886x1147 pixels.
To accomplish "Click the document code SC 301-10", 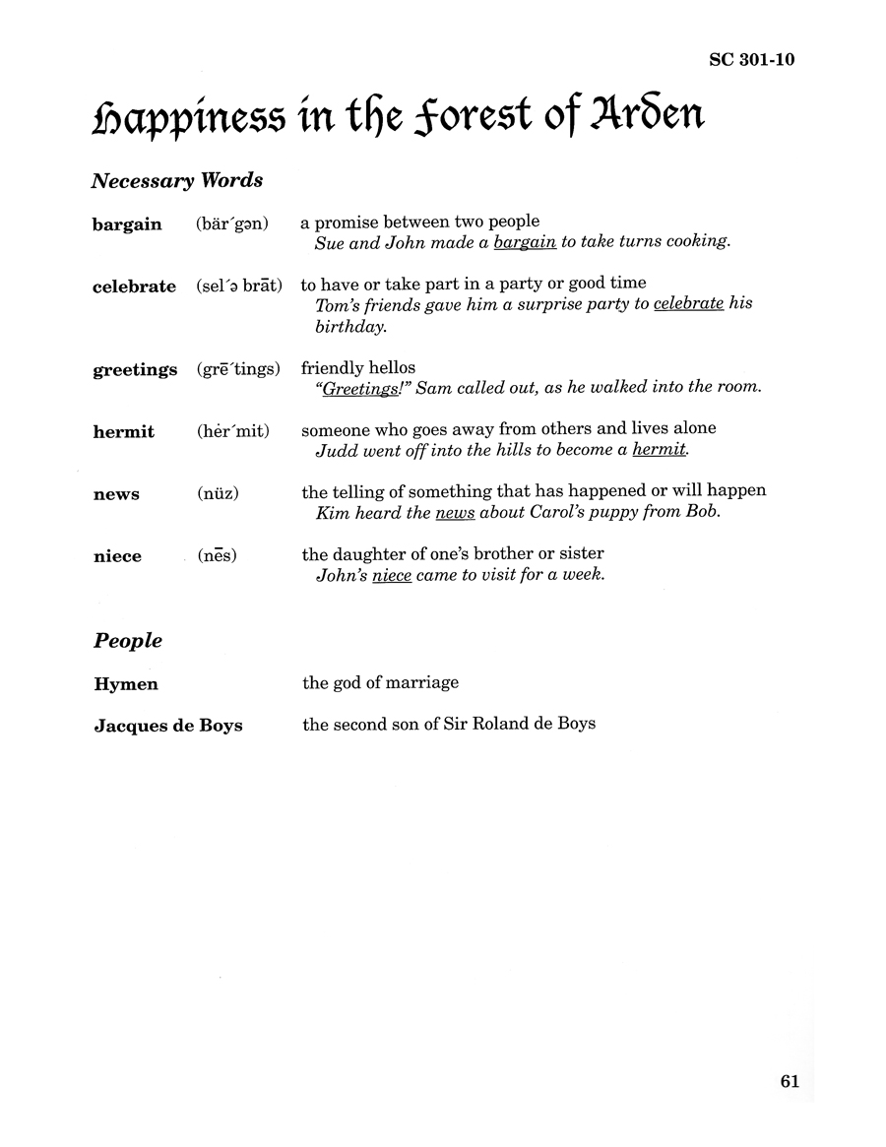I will tap(751, 60).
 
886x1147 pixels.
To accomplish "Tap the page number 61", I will tap(790, 1081).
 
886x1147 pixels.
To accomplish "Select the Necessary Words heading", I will tap(177, 181).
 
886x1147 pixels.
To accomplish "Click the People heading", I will tap(128, 641).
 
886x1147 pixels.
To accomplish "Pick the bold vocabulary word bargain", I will tap(127, 224).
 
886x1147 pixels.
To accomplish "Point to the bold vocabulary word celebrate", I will tap(135, 287).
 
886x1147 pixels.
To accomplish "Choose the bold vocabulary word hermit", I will tap(123, 432).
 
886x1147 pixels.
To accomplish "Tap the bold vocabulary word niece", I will tap(117, 556).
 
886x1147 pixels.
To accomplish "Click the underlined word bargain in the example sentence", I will tap(525, 242).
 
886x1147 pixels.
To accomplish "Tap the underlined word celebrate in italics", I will tap(688, 304).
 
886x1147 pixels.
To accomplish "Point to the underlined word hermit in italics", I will tap(661, 450).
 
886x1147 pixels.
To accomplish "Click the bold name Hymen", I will tap(126, 683).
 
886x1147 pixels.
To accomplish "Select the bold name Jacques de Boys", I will tap(168, 726).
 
